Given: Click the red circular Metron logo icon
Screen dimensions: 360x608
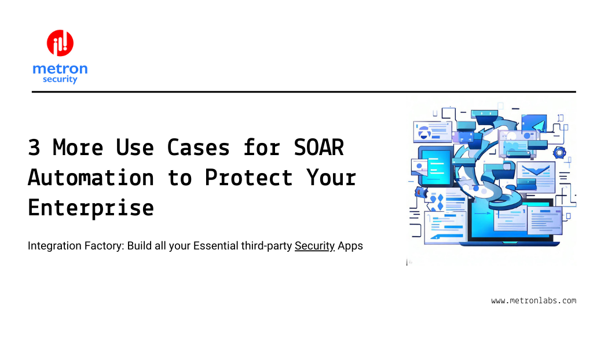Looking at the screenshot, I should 60,43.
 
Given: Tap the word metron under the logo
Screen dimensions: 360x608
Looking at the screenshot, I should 60,69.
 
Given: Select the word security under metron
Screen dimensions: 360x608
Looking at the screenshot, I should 60,79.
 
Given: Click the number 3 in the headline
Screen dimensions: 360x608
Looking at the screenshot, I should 34,148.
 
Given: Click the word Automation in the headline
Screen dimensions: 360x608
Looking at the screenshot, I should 91,178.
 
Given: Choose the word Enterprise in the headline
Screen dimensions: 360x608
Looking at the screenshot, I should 91,207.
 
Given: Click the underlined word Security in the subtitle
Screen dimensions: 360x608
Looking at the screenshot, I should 315,246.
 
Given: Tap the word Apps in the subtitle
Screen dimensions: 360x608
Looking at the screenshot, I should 350,246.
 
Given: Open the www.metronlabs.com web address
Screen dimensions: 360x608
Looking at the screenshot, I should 533,300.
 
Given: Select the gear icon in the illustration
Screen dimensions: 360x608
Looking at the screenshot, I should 559,152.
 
